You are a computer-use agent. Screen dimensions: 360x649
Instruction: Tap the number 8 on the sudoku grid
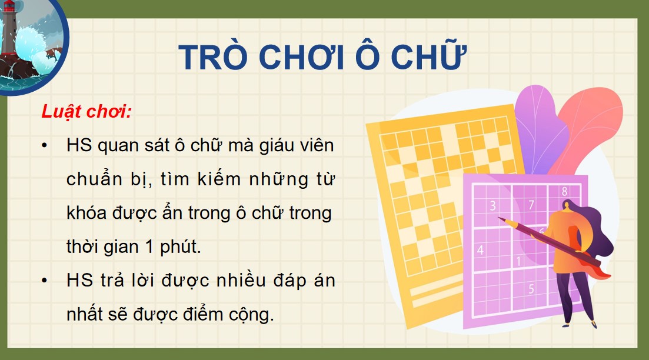coord(564,191)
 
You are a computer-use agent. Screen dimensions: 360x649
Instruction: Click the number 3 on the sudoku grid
coord(493,206)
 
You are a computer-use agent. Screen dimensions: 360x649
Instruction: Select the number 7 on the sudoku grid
coord(531,205)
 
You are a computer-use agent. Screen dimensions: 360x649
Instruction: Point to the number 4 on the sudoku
coord(480,250)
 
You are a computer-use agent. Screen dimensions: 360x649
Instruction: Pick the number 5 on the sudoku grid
coord(531,289)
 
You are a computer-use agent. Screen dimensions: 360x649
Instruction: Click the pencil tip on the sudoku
coord(500,219)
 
